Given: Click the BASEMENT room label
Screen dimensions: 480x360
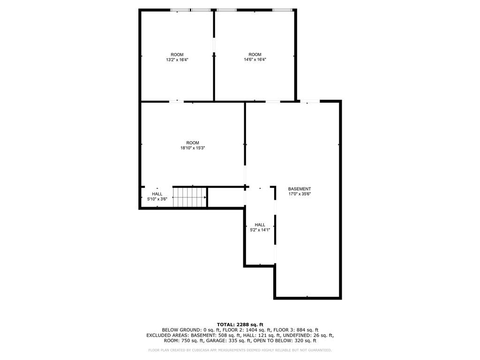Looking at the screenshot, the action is [x=300, y=189].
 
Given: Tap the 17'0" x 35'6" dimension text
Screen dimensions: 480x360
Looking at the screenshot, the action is [x=300, y=194].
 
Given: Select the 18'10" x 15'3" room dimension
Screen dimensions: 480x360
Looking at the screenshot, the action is [x=193, y=148].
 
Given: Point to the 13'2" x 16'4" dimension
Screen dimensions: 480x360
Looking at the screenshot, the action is [x=177, y=60].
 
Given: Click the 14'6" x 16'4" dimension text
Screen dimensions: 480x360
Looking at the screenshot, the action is [x=255, y=60].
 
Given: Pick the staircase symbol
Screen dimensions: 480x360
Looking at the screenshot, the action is [x=189, y=197].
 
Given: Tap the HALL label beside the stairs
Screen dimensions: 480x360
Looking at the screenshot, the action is [x=157, y=194].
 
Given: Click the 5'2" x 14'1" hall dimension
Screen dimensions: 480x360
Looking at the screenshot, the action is [x=260, y=230].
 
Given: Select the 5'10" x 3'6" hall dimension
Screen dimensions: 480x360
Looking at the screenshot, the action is [x=157, y=199].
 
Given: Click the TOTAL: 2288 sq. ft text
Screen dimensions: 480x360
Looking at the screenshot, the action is [x=240, y=324].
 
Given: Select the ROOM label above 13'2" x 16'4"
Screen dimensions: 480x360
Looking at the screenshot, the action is [x=177, y=55].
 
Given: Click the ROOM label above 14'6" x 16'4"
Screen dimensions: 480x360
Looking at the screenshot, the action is [x=255, y=54].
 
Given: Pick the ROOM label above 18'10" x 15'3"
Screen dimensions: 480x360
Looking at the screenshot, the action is [x=193, y=142].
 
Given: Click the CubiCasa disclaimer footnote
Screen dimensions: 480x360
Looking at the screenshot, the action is [x=240, y=350].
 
